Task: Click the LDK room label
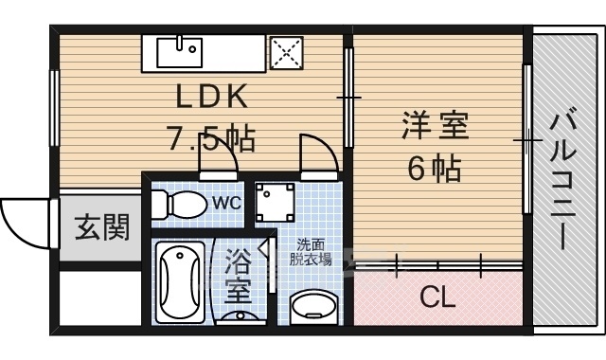(x=211, y=97)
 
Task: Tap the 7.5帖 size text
(x=210, y=138)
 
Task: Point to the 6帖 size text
(x=435, y=168)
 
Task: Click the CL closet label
(x=437, y=297)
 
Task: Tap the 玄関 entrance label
(x=101, y=227)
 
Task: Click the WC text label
(x=227, y=202)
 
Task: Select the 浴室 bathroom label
(x=238, y=276)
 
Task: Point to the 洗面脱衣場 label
(x=311, y=253)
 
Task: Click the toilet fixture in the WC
(x=179, y=204)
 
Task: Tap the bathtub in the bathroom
(x=180, y=282)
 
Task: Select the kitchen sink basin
(x=179, y=52)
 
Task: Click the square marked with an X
(x=286, y=53)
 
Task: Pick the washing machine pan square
(x=276, y=203)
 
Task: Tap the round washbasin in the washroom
(x=313, y=307)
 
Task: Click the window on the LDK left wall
(x=55, y=108)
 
